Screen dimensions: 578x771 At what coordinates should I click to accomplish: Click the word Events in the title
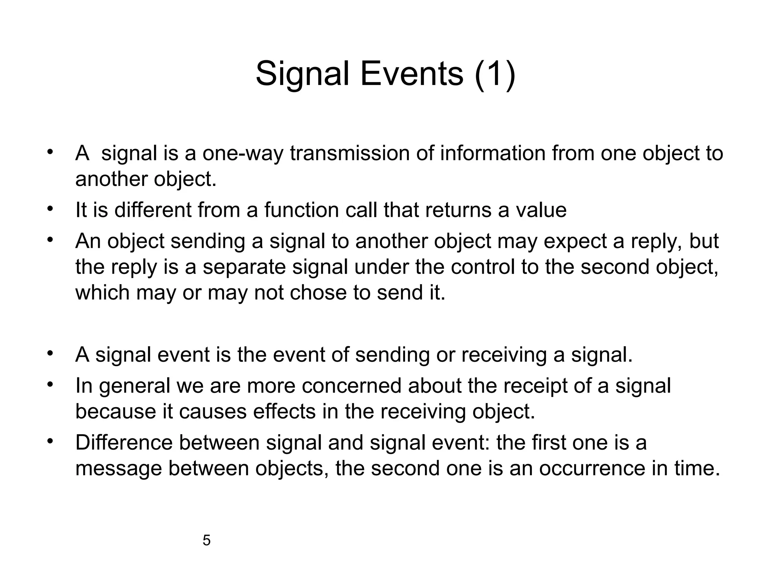[x=412, y=74]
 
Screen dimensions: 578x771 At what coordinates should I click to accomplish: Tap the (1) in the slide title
[x=495, y=74]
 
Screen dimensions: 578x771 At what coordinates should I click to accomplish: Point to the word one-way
[x=242, y=154]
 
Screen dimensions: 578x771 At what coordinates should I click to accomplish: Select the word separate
[x=244, y=267]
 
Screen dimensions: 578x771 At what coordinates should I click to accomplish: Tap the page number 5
[x=206, y=541]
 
